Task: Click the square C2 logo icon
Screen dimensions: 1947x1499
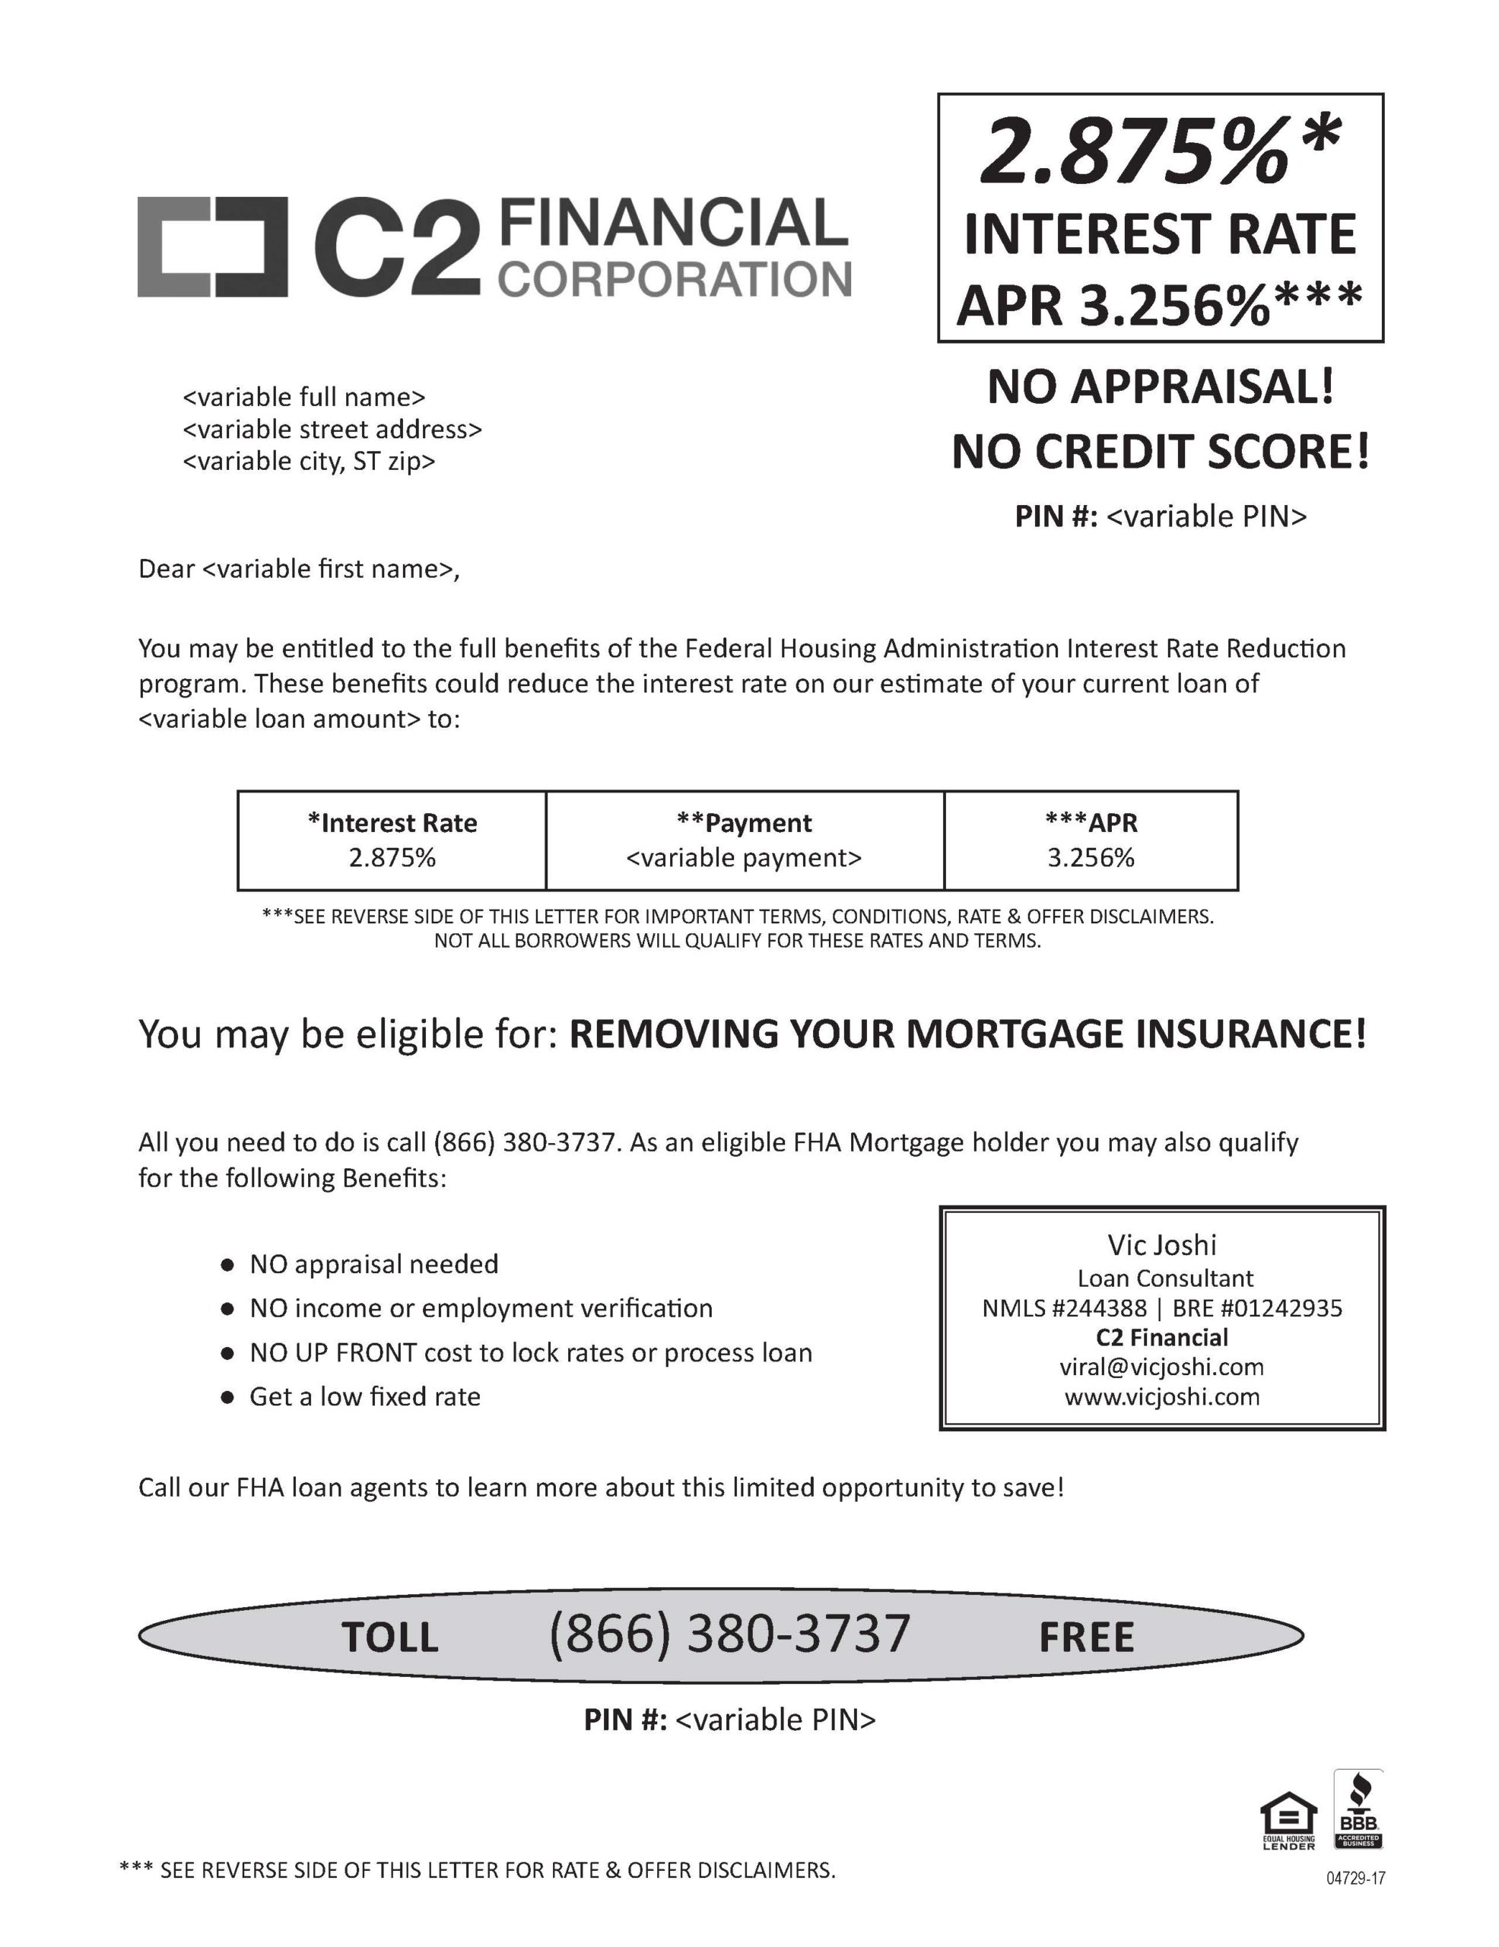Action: [212, 247]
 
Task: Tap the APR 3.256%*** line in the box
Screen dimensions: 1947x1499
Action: [1158, 305]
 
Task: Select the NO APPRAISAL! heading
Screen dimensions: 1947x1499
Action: [1161, 388]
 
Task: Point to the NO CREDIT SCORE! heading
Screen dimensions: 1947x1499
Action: [1161, 452]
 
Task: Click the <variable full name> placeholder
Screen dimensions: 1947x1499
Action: [304, 397]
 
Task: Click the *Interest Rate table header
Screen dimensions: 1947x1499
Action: [392, 823]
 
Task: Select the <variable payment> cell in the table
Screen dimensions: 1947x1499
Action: [744, 858]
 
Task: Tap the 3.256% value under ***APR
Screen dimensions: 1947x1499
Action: [1091, 858]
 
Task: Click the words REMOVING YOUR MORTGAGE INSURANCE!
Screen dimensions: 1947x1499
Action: [967, 1034]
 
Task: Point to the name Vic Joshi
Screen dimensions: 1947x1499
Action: [1161, 1244]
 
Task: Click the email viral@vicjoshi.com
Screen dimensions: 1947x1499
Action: [1161, 1367]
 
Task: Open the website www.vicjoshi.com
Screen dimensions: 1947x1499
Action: [1161, 1396]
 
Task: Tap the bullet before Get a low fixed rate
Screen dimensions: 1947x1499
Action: [228, 1397]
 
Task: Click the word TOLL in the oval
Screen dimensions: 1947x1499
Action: [390, 1637]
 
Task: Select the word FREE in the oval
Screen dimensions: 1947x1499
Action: [1086, 1637]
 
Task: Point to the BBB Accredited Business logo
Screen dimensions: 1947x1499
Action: [1358, 1809]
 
